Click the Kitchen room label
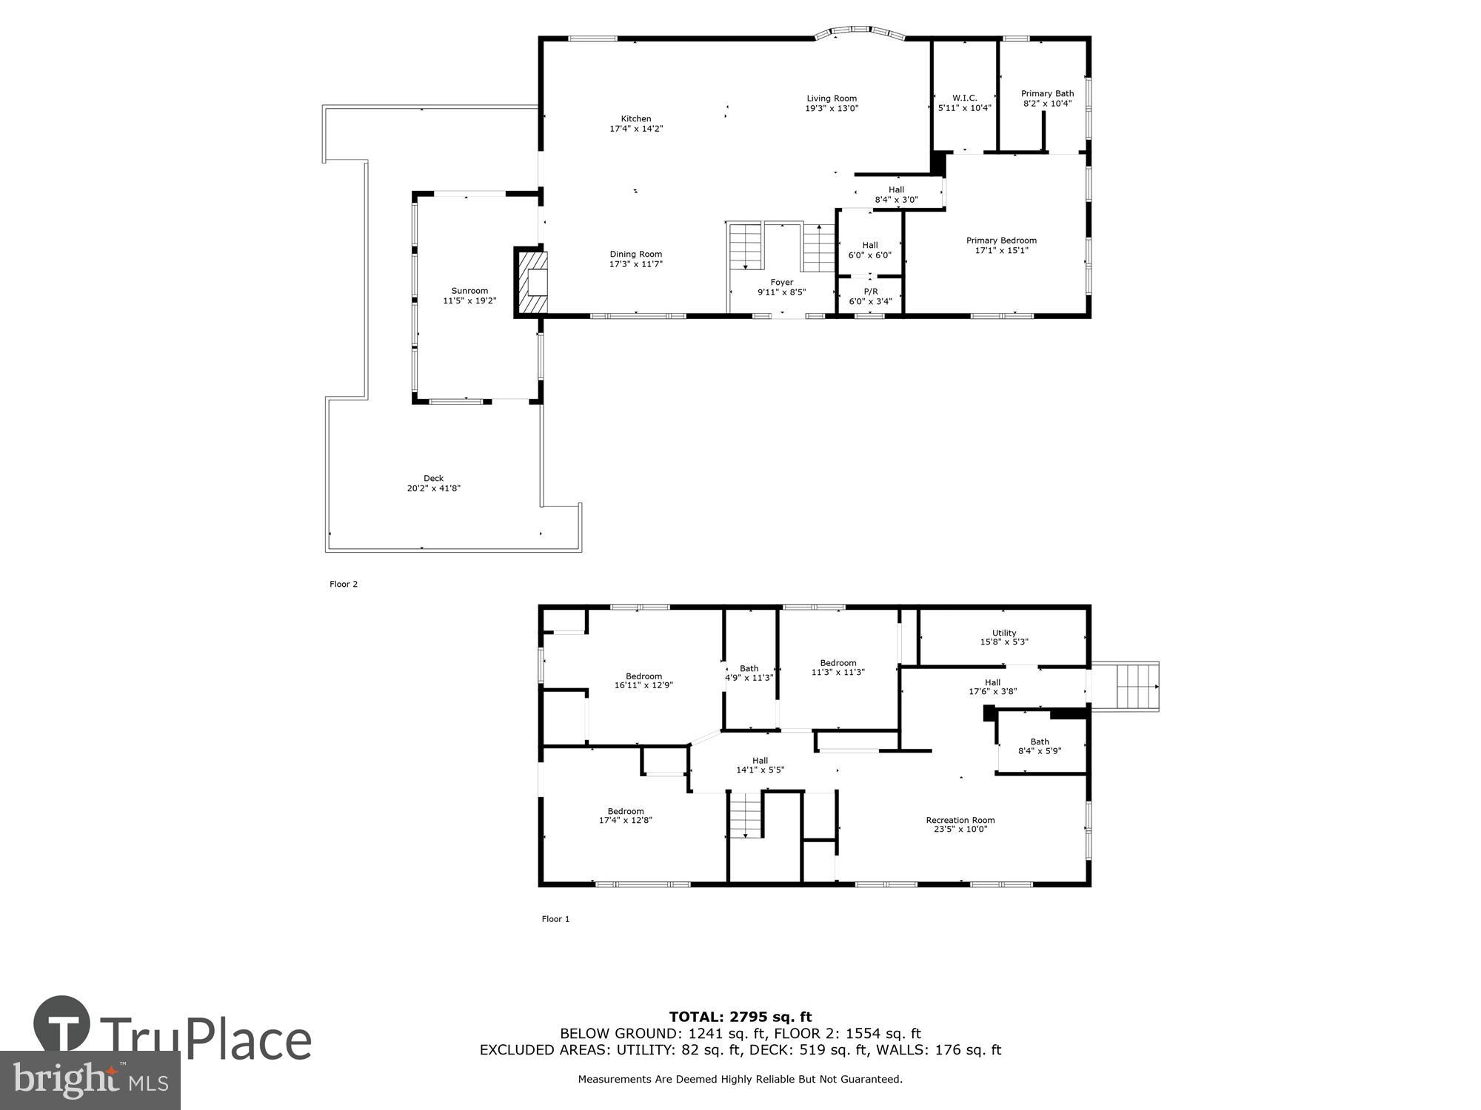636,119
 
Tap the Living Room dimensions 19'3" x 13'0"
832,109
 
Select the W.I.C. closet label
964,98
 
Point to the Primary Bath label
1047,94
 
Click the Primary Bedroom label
1001,240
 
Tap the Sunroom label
469,291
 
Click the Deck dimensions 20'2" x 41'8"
434,488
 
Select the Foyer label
781,282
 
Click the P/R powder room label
870,292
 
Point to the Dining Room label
635,255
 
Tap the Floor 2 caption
344,584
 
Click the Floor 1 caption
555,919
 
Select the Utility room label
1004,633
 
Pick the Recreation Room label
960,820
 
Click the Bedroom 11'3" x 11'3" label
838,663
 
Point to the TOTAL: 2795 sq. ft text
740,1017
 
